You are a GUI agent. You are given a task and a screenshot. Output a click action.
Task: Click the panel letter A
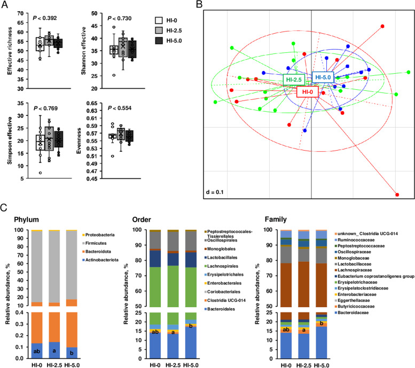coord(5,5)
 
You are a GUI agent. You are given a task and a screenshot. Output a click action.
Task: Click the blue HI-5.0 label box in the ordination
coord(323,77)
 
